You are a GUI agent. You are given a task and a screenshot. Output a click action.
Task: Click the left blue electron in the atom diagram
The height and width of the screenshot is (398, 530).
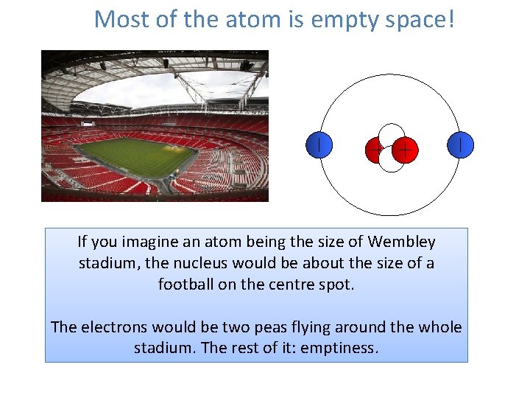(x=318, y=144)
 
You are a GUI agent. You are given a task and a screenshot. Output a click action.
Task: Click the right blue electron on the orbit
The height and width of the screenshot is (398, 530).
(x=460, y=144)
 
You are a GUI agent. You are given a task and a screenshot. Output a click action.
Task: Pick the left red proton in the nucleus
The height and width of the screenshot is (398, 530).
(x=376, y=150)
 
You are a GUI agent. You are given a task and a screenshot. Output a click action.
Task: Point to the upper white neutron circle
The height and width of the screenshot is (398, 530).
(x=391, y=134)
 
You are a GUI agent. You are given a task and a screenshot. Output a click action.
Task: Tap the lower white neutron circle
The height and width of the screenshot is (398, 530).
(x=391, y=161)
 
